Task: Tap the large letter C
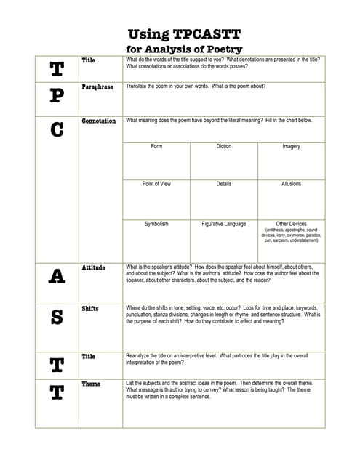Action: tap(57, 131)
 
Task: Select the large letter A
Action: tap(57, 276)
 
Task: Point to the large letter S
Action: tap(57, 318)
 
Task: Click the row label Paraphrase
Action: tap(97, 87)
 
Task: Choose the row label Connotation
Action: tap(99, 121)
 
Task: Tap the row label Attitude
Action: tap(94, 268)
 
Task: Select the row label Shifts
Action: tap(90, 309)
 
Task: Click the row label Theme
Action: tap(91, 384)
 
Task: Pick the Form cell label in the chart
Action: tap(156, 147)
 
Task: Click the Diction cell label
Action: tap(224, 147)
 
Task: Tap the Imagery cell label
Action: tap(291, 147)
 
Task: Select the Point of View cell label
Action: tap(156, 185)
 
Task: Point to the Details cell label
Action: tap(224, 185)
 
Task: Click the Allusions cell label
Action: tap(291, 185)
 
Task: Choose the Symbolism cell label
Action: tap(156, 224)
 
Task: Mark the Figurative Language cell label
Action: tap(224, 224)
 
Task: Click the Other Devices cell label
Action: tap(291, 224)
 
